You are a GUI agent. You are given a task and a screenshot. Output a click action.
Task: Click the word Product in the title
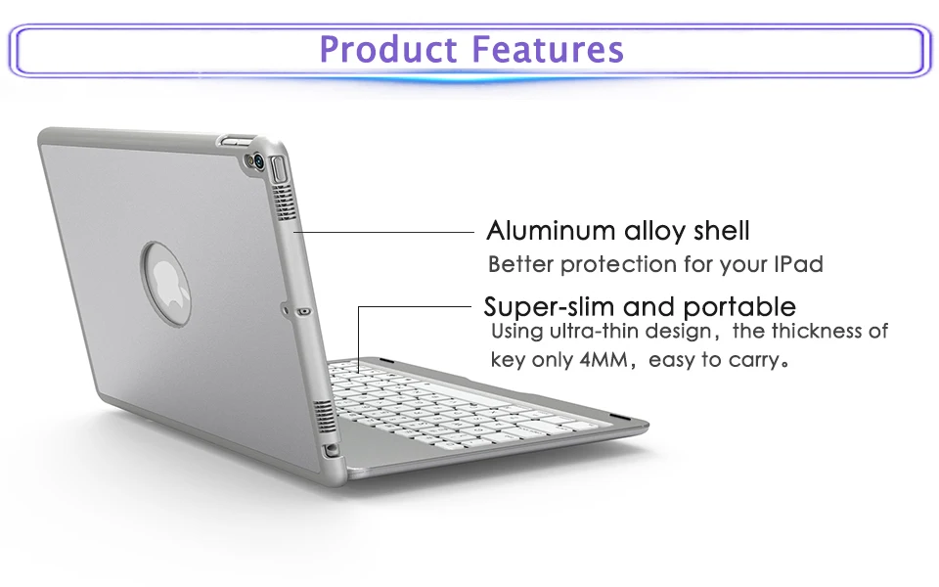(x=388, y=49)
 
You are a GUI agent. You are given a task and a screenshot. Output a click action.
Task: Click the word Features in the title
(x=548, y=49)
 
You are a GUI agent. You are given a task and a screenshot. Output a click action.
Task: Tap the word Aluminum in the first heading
(x=551, y=231)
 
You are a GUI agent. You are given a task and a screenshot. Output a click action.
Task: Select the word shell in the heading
(x=721, y=231)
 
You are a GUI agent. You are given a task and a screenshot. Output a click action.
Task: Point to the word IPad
(x=798, y=264)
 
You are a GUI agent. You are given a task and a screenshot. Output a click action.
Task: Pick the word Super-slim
(x=550, y=306)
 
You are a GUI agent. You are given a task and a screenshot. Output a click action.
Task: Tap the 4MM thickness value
(x=604, y=360)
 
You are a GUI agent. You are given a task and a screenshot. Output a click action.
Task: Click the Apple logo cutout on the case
(x=166, y=284)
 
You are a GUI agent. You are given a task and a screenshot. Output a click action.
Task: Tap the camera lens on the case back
(x=259, y=160)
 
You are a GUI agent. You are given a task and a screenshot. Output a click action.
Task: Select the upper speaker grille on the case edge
(x=286, y=202)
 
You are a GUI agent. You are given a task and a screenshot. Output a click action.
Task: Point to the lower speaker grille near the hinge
(x=323, y=418)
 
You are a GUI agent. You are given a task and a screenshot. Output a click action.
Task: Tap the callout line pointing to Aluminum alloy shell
(x=383, y=232)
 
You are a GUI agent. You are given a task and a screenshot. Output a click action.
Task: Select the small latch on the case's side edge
(x=305, y=311)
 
